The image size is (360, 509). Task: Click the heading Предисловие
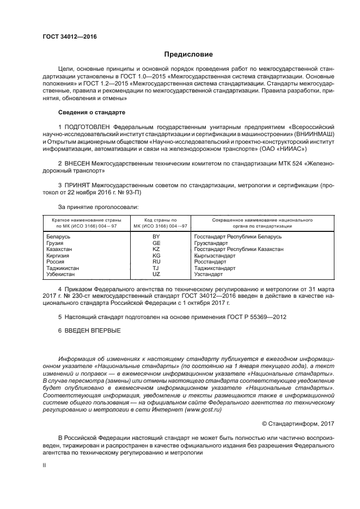[x=188, y=54]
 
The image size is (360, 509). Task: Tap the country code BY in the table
[x=156, y=237]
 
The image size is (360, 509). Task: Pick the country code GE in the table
[x=156, y=243]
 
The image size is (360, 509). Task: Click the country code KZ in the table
[x=156, y=249]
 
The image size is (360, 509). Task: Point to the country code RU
[x=156, y=262]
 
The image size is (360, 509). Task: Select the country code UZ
[x=156, y=274]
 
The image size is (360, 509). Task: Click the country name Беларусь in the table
[x=58, y=237]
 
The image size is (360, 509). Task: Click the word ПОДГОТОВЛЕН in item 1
[x=92, y=126]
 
